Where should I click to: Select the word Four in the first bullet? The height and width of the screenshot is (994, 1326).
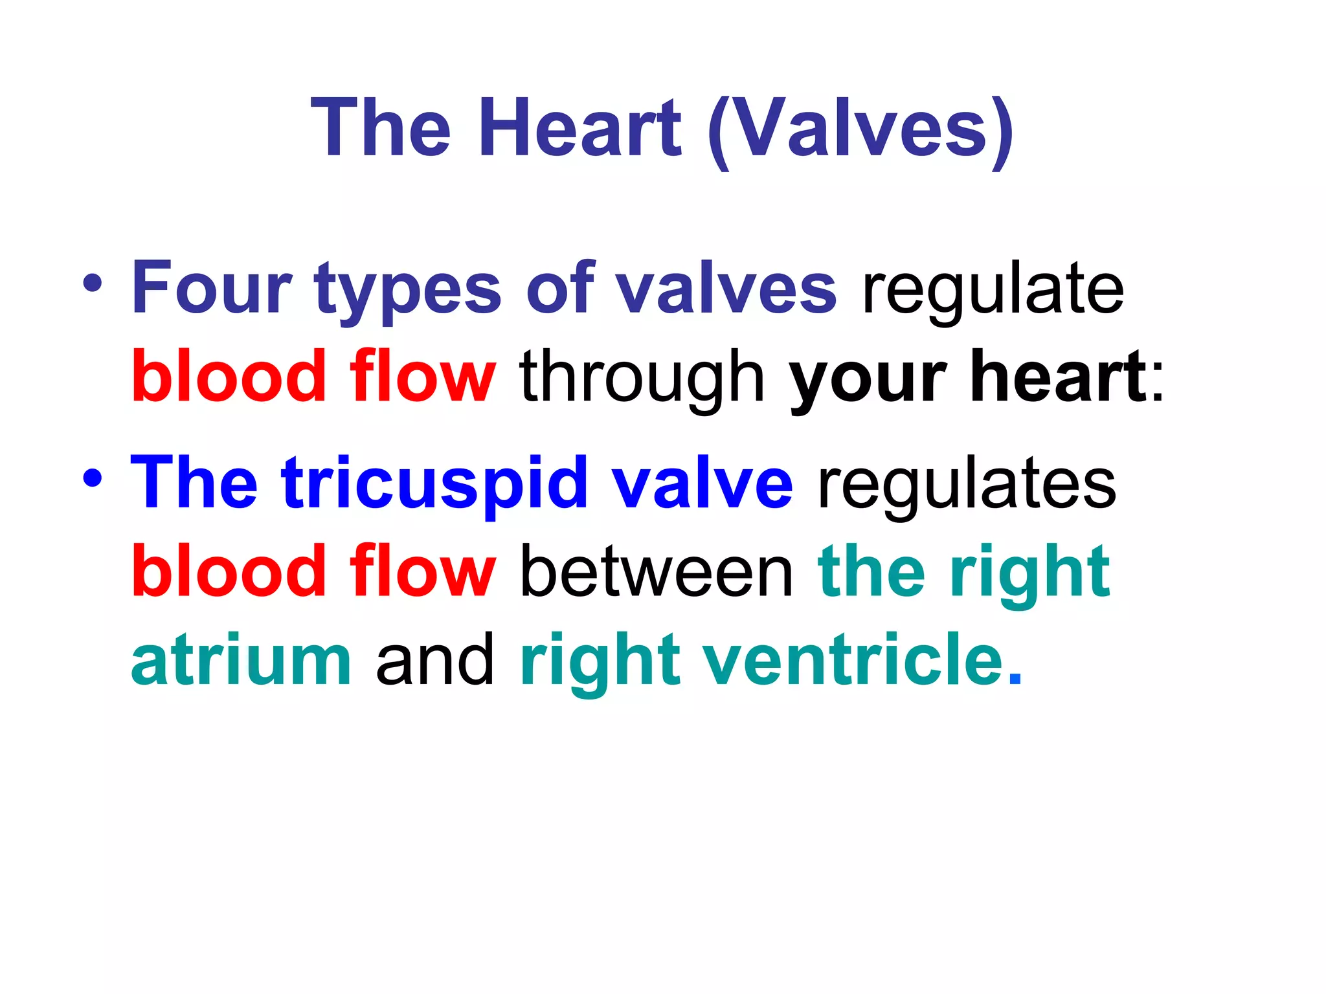pyautogui.click(x=212, y=287)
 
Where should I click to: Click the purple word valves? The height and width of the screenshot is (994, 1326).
pyautogui.click(x=725, y=287)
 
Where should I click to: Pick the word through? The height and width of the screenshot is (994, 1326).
pyautogui.click(x=642, y=379)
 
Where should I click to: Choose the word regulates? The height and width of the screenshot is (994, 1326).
pyautogui.click(x=967, y=487)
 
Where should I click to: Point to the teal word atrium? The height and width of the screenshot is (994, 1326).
pyautogui.click(x=241, y=660)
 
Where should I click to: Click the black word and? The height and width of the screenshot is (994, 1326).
pyautogui.click(x=435, y=660)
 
